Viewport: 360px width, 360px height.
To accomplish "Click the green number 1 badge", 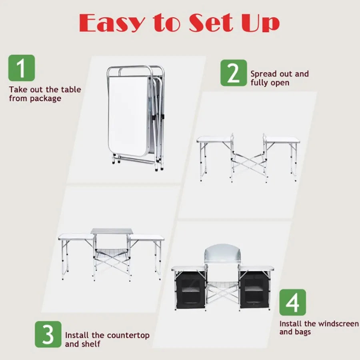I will pyautogui.click(x=21, y=68).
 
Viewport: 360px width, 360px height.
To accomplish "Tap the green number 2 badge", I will pyautogui.click(x=234, y=73).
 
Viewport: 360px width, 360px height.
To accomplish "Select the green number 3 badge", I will pyautogui.click(x=48, y=334).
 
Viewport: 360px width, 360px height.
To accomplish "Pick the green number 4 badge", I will pyautogui.click(x=292, y=302).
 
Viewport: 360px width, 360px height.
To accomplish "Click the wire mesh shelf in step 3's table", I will pyautogui.click(x=112, y=252).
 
